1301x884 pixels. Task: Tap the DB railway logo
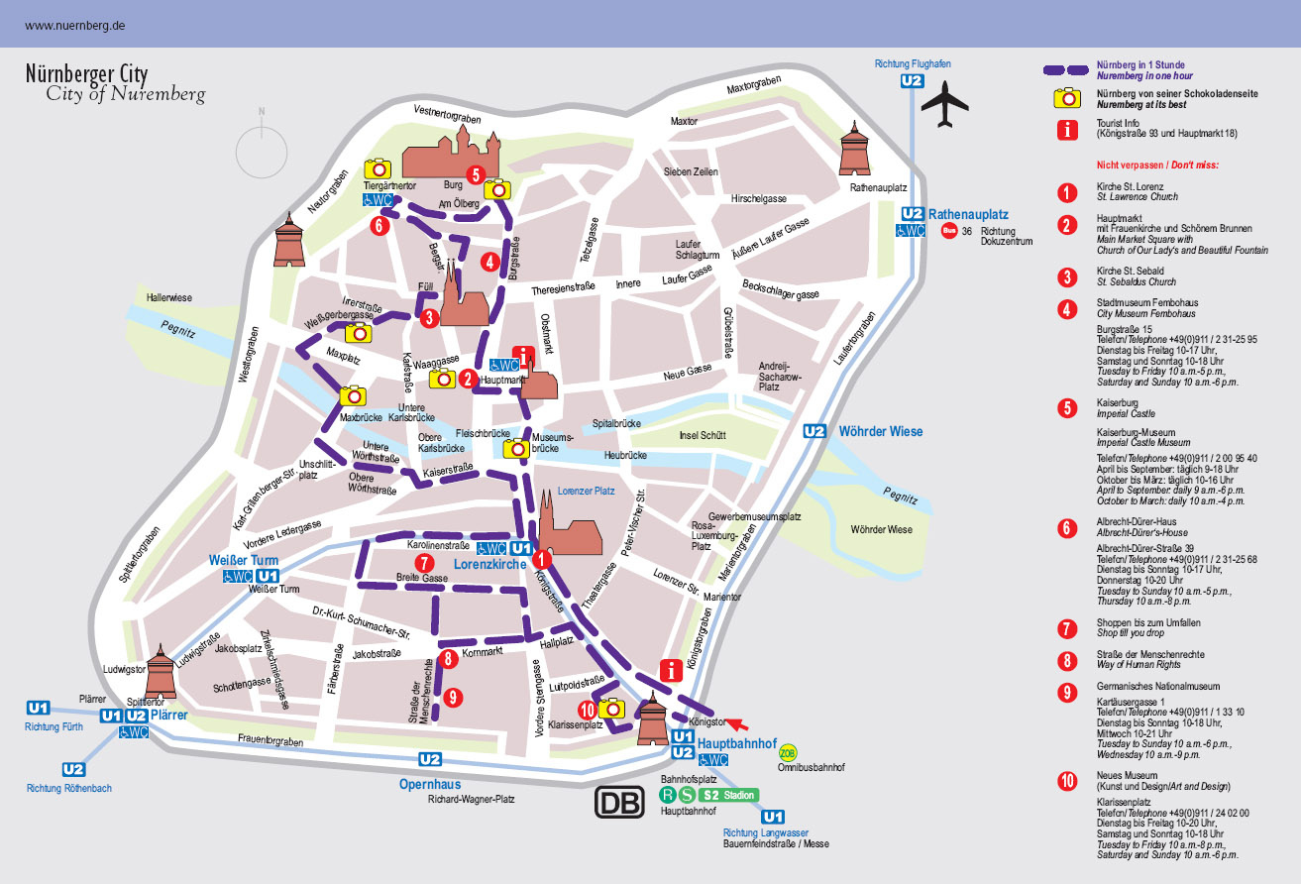619,802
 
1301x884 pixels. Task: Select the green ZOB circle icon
788,752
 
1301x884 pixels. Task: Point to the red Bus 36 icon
949,232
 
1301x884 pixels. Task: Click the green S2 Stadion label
729,795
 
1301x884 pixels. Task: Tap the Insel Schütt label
702,435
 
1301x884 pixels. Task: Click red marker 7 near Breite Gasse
424,563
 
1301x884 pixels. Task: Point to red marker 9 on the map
453,697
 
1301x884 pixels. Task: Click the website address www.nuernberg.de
74,24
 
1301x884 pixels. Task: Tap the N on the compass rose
262,111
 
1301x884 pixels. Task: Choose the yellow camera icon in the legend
1067,97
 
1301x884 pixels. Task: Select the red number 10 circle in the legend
1067,781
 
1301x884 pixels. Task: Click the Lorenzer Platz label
586,491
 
